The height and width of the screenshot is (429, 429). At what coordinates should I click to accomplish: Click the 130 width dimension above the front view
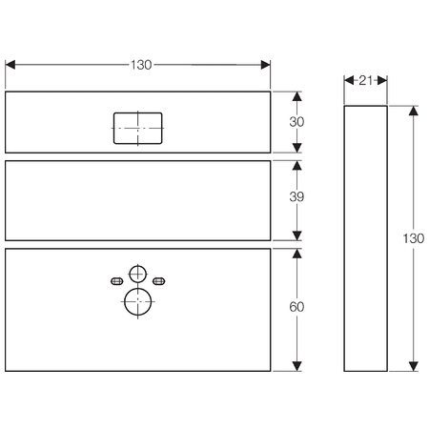coord(141,65)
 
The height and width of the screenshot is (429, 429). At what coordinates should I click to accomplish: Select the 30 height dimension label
coord(296,122)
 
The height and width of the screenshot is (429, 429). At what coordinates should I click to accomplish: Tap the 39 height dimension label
coord(296,197)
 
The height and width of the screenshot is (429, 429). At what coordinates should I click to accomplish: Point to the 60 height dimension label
coord(296,307)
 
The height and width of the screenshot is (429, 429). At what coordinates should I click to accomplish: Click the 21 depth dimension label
coord(365,80)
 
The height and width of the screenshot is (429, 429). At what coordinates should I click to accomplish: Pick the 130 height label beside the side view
coord(414,238)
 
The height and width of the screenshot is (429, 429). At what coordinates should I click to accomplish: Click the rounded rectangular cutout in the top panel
coord(138,128)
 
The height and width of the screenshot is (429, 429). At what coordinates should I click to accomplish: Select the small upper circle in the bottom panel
coord(137,274)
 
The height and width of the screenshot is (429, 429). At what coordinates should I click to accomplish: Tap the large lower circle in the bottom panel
coord(137,301)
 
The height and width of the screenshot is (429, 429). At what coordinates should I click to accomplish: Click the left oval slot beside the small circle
coord(116,281)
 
